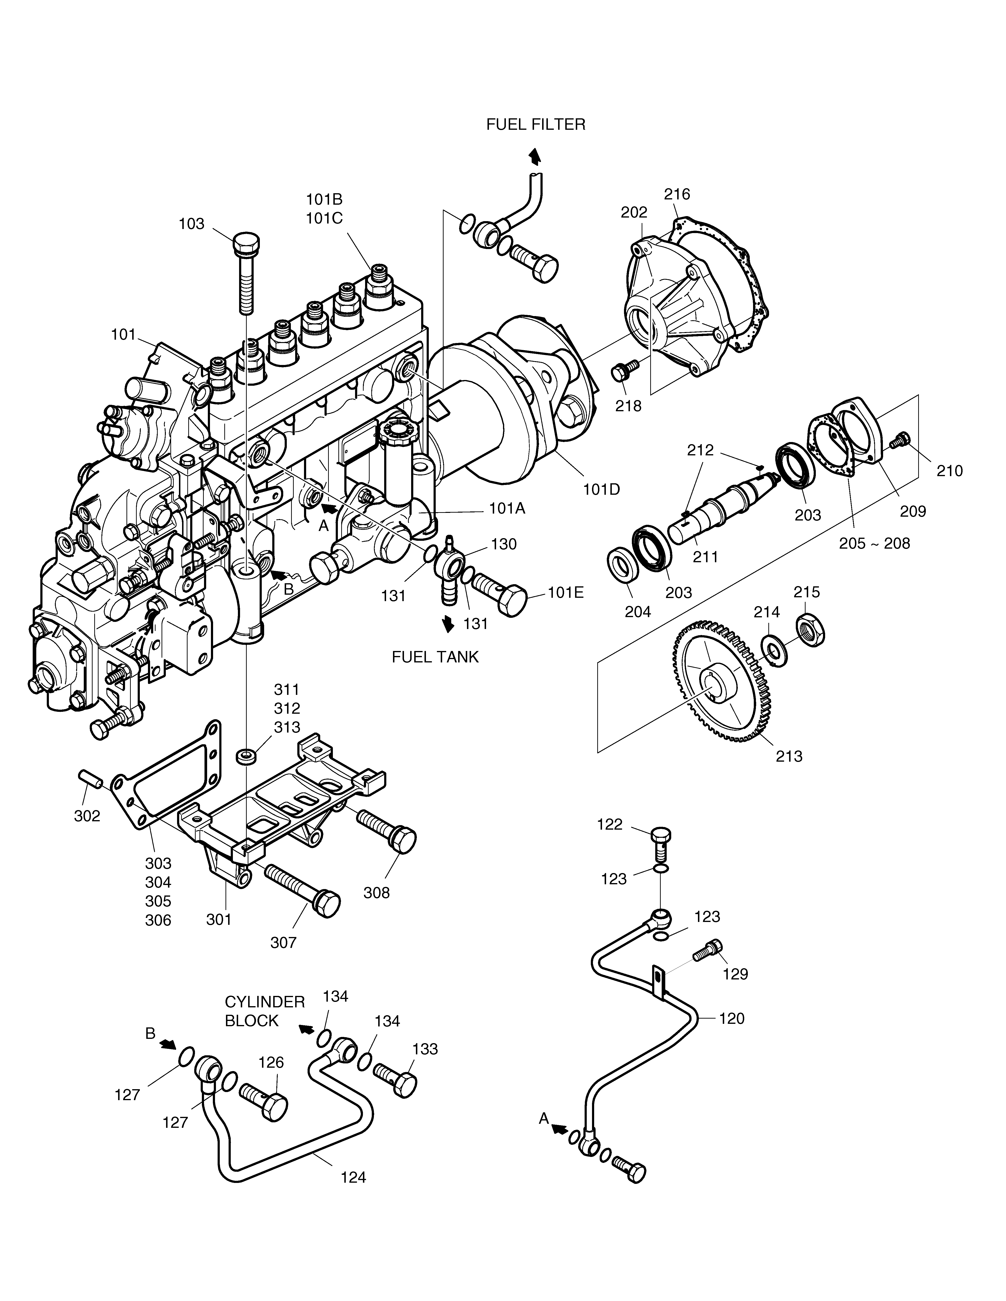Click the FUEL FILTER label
click(x=536, y=125)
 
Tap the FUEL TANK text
click(x=435, y=657)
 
